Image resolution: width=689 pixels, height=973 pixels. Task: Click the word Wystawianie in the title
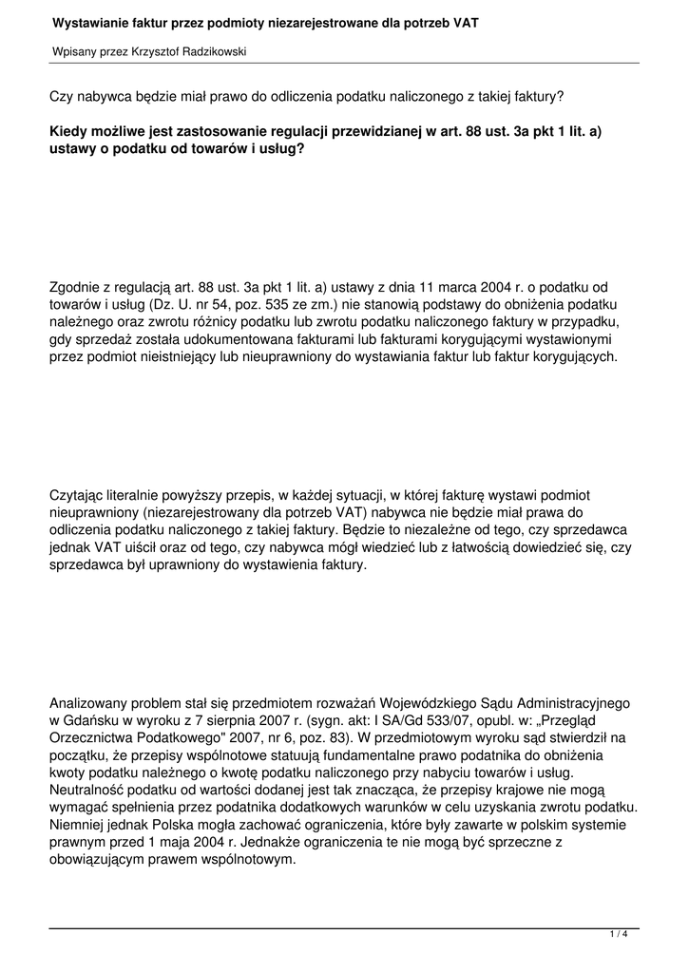pos(89,21)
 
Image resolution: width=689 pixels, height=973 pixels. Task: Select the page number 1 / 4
pos(619,935)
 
